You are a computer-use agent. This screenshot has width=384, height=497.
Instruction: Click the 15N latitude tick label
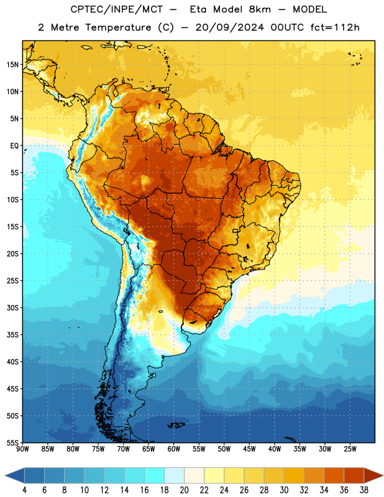tap(12, 65)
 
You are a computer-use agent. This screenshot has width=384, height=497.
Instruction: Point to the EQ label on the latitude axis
tap(14, 146)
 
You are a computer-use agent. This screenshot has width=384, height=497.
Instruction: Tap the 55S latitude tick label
tap(12, 442)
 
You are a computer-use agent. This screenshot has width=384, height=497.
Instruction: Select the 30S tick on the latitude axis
tap(12, 308)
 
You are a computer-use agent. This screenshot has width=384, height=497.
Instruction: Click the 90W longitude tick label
tap(22, 449)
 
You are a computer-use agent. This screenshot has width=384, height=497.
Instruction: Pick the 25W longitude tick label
tap(350, 449)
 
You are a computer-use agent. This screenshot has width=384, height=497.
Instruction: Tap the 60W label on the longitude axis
tap(174, 449)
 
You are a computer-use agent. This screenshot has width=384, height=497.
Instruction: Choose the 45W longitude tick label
tap(249, 449)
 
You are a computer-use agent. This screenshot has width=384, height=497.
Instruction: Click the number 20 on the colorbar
tap(184, 490)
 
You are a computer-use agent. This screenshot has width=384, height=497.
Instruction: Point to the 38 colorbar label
tap(364, 490)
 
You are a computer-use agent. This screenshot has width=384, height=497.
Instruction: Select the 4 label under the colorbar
tap(24, 490)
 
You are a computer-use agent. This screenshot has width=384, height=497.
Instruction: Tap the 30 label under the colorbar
tap(284, 490)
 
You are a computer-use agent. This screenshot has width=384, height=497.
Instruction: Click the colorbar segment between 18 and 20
tap(175, 475)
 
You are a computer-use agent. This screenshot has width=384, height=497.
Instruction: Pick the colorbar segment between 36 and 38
tap(354, 475)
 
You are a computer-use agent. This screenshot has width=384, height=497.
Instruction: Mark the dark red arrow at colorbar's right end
tap(373, 475)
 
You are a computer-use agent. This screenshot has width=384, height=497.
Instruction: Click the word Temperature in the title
tap(118, 27)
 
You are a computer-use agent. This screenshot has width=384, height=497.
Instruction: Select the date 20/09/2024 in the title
tap(229, 27)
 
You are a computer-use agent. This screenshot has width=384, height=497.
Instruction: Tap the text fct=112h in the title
tap(335, 27)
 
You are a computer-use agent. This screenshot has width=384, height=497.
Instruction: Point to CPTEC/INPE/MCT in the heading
tap(117, 9)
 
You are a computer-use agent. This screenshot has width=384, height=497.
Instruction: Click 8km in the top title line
tap(260, 9)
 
